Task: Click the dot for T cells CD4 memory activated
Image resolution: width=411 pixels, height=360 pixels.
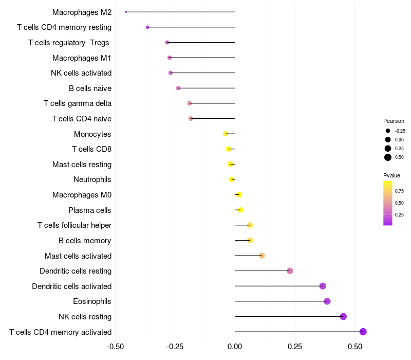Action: (363, 332)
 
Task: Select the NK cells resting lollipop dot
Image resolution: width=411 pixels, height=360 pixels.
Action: (343, 316)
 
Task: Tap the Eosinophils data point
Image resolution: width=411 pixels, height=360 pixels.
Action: (327, 301)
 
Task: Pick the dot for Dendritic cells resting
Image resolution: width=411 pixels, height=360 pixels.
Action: (290, 271)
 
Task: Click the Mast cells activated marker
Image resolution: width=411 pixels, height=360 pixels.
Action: (262, 256)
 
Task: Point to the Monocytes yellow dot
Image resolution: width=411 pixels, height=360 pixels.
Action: (226, 134)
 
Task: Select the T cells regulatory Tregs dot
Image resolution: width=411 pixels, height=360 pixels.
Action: (167, 42)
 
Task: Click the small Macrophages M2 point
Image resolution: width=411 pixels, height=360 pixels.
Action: (126, 12)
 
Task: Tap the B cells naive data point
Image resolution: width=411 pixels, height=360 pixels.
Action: (178, 88)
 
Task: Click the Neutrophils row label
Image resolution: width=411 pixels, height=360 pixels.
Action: (92, 179)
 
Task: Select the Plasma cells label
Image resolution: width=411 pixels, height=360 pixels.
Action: (90, 210)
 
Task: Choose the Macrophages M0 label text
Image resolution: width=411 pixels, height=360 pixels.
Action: (82, 195)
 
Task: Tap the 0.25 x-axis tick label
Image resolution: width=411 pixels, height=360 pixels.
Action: (295, 347)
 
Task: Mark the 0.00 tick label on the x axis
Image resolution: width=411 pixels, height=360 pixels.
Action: (235, 347)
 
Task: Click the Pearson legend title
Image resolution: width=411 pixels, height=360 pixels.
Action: (394, 121)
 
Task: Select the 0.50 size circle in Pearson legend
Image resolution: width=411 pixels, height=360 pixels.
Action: (388, 157)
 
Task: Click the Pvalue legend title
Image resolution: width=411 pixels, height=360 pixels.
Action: (391, 175)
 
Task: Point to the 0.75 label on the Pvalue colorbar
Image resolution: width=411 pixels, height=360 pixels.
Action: (399, 191)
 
